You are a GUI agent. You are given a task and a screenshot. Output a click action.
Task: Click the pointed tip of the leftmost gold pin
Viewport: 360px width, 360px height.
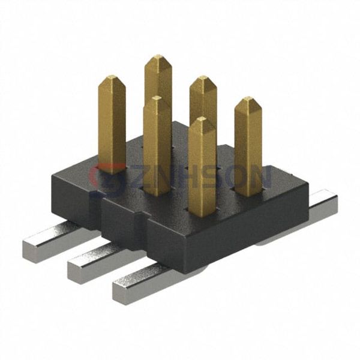point(112,77)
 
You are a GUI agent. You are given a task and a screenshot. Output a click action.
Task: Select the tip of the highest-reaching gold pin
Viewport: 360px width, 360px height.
point(158,56)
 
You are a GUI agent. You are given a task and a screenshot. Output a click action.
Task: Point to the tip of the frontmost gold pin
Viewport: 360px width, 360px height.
point(202,119)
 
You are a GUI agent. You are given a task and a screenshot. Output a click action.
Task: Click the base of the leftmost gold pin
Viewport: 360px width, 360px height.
point(112,170)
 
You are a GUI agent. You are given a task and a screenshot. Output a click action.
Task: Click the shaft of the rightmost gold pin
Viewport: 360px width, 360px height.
point(248,150)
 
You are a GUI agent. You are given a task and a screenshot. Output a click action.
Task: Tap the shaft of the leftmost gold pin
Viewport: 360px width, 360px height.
point(112,126)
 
